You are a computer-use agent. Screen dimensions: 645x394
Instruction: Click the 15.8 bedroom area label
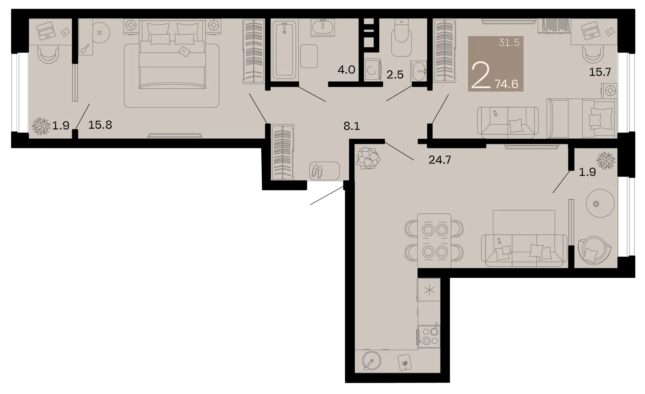[100, 125]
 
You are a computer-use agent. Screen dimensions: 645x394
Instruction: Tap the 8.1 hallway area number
[352, 126]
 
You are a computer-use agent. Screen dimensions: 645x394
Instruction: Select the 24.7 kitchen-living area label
[440, 160]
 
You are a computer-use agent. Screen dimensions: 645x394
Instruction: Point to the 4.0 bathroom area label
[346, 70]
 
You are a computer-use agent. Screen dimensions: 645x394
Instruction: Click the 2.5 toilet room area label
[395, 75]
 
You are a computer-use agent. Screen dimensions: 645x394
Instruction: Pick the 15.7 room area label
[600, 72]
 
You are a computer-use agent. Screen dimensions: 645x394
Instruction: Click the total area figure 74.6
[506, 84]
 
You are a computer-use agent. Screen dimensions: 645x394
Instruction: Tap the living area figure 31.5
[509, 43]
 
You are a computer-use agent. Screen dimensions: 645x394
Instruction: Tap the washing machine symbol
[373, 70]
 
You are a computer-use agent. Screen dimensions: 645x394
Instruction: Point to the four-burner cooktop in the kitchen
[429, 336]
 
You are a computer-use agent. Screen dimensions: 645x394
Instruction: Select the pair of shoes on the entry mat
[316, 171]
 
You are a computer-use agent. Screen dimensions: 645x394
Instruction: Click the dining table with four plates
[434, 240]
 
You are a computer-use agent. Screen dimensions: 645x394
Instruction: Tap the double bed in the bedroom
[172, 54]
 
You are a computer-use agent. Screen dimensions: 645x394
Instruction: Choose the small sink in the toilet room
[419, 71]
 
